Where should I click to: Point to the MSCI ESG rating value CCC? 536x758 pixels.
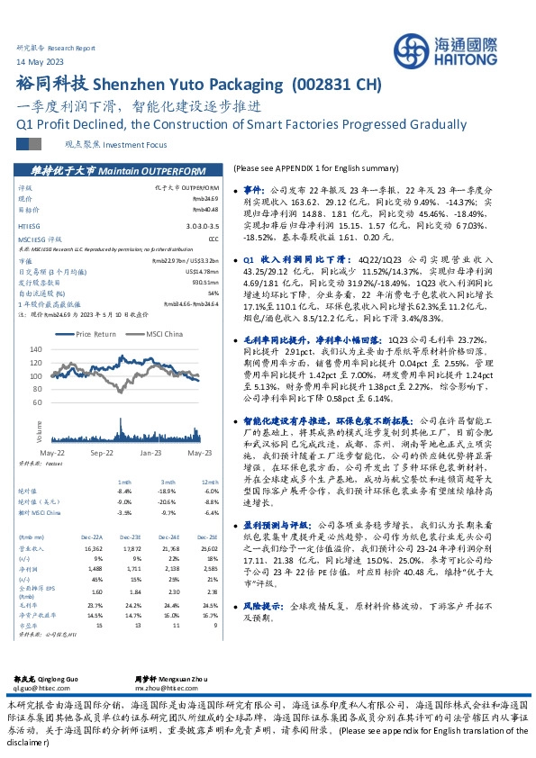213,239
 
